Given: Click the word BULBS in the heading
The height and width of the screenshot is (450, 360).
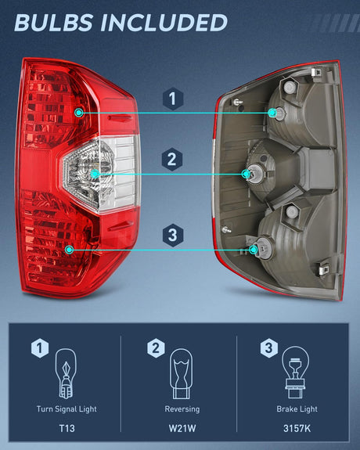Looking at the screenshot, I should pyautogui.click(x=59, y=22).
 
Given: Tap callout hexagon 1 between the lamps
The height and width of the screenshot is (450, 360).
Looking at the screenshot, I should pyautogui.click(x=173, y=100).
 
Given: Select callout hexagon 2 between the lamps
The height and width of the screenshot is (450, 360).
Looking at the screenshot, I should pyautogui.click(x=173, y=160).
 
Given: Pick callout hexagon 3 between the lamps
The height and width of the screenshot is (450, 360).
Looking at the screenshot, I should pyautogui.click(x=173, y=234).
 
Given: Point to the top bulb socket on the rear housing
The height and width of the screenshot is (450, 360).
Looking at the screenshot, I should pyautogui.click(x=273, y=113).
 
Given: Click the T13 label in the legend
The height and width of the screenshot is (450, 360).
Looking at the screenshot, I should pyautogui.click(x=66, y=427).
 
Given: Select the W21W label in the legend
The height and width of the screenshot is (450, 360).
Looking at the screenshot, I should pyautogui.click(x=182, y=427).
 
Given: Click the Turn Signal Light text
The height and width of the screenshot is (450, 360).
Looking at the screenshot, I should pyautogui.click(x=66, y=409).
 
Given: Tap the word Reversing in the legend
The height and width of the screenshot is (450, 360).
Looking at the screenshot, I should pyautogui.click(x=182, y=409).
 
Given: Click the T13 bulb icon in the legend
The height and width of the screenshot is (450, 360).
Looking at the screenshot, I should pyautogui.click(x=66, y=374).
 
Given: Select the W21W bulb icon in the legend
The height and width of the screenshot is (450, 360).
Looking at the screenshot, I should pyautogui.click(x=182, y=374).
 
